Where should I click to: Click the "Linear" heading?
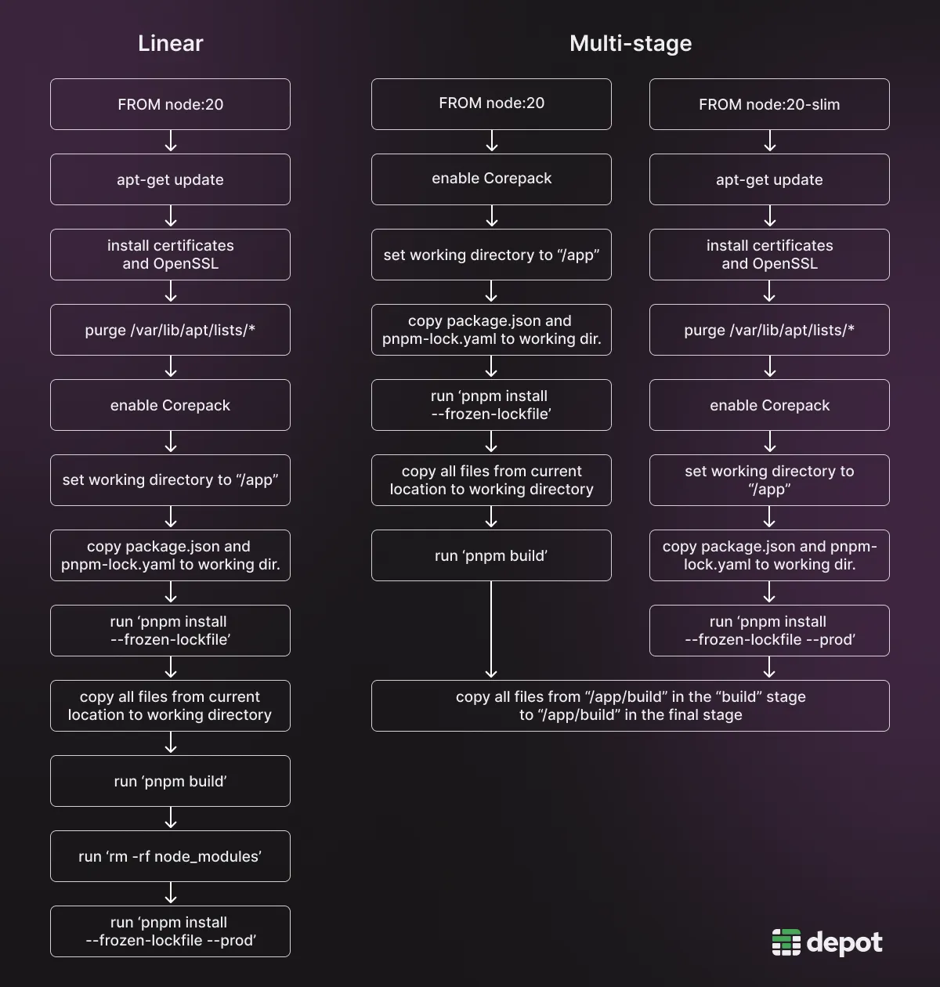point(170,43)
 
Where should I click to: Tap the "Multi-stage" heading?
point(630,43)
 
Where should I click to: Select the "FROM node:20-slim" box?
point(768,104)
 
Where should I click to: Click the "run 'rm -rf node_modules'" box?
point(170,856)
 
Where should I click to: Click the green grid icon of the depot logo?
point(786,942)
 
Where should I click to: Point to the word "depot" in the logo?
point(844,943)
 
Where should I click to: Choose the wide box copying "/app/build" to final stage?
point(630,706)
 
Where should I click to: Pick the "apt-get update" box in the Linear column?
point(170,179)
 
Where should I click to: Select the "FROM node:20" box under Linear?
point(170,104)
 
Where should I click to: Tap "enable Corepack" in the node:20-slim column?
point(768,405)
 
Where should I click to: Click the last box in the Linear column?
point(170,931)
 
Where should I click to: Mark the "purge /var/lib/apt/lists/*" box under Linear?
point(170,330)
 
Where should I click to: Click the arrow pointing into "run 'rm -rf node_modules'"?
point(171,819)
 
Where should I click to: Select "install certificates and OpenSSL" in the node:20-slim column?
point(768,255)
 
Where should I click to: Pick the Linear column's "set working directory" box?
point(170,480)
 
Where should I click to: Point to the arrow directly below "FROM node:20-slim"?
point(769,141)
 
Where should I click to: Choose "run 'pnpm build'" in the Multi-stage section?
point(491,555)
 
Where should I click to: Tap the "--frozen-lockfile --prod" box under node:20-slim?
point(768,631)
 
